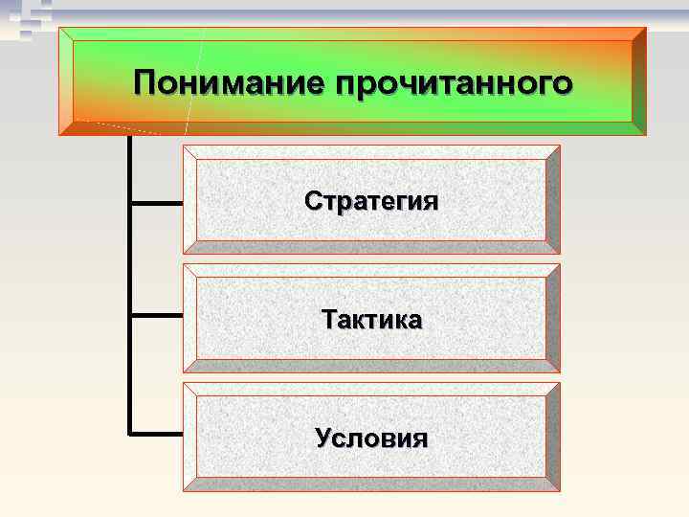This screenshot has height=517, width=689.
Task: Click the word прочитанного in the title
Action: click(455, 84)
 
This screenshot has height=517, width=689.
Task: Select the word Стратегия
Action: click(371, 202)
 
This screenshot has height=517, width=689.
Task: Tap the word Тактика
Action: click(371, 320)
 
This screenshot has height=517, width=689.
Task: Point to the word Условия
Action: click(371, 438)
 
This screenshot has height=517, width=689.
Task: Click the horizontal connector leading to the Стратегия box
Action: click(156, 203)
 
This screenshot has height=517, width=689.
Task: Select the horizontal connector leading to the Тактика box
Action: click(156, 314)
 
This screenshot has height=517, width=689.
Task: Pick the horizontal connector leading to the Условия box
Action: click(156, 433)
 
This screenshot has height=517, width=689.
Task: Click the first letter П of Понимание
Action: click(146, 82)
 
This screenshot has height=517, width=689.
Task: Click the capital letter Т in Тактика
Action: click(331, 319)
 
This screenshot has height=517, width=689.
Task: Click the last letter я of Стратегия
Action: click(431, 203)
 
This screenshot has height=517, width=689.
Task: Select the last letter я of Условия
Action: click(419, 439)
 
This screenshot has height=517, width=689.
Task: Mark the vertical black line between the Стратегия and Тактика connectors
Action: click(129, 258)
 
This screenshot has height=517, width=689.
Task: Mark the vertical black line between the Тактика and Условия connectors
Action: click(129, 373)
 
